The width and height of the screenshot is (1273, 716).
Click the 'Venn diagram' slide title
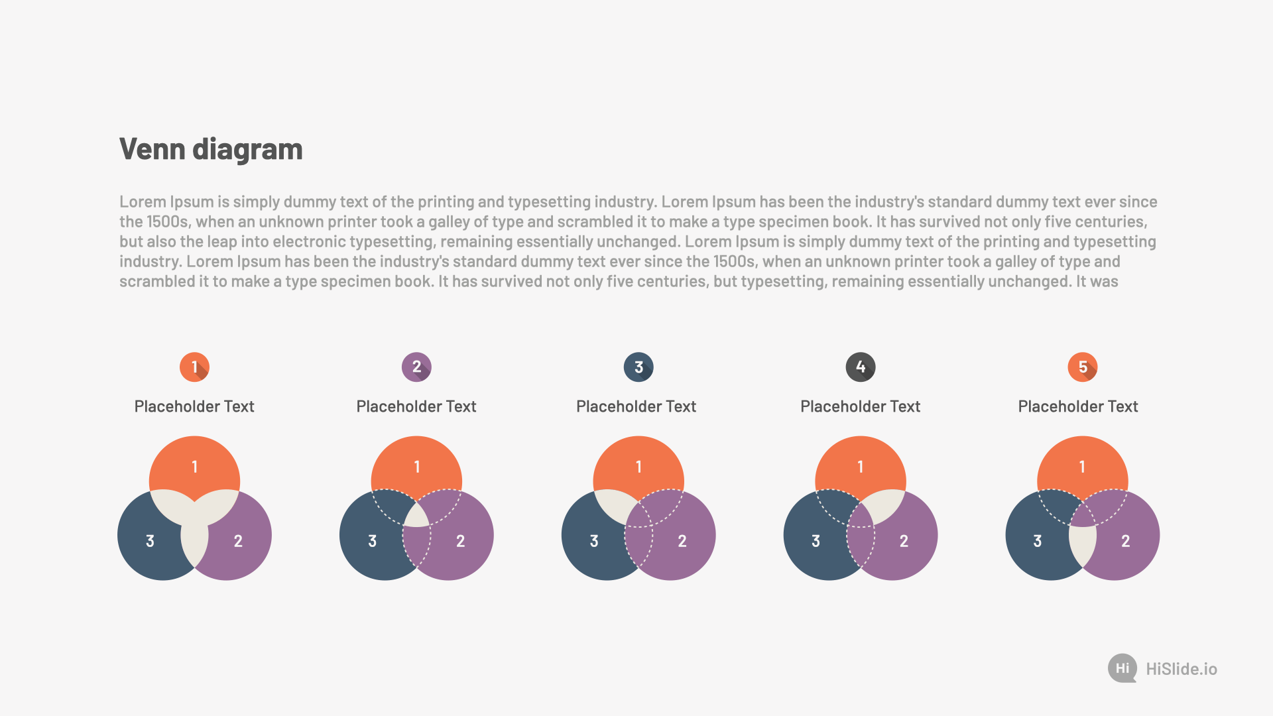pyautogui.click(x=211, y=150)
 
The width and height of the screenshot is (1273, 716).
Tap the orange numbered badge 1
pyautogui.click(x=194, y=367)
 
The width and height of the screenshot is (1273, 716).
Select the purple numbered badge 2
pyautogui.click(x=416, y=367)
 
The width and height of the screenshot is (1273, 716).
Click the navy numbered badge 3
pyautogui.click(x=638, y=367)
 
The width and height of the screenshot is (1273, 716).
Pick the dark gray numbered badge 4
pyautogui.click(x=861, y=367)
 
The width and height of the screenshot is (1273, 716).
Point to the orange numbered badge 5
pyautogui.click(x=1083, y=367)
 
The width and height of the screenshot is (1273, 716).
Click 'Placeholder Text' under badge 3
pyautogui.click(x=636, y=406)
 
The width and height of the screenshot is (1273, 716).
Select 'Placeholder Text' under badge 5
pyautogui.click(x=1078, y=406)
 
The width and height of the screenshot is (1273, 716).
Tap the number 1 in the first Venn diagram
pyautogui.click(x=194, y=467)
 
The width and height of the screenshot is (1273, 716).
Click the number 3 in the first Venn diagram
pyautogui.click(x=150, y=541)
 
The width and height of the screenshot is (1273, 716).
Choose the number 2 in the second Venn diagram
pyautogui.click(x=460, y=541)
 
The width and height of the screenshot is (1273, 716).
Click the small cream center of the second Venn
pyautogui.click(x=417, y=516)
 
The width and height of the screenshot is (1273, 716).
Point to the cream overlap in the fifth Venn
pyautogui.click(x=1083, y=545)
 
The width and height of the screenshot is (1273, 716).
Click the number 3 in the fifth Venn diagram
pyautogui.click(x=1038, y=541)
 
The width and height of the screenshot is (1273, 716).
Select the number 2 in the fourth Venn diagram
pyautogui.click(x=904, y=541)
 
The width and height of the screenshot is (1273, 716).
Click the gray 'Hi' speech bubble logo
pyautogui.click(x=1122, y=668)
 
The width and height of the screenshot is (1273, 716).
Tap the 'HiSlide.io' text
pyautogui.click(x=1182, y=669)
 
